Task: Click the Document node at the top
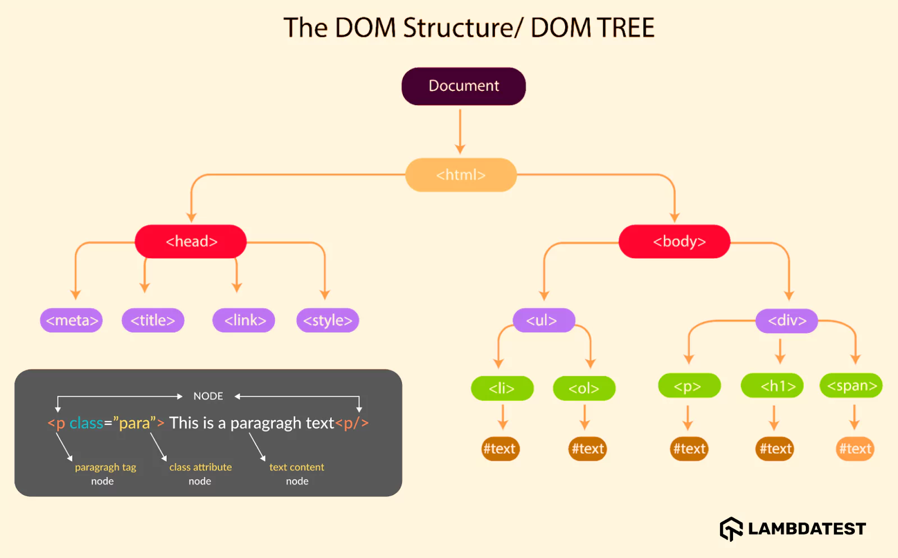[x=464, y=86]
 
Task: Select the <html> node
[x=461, y=175]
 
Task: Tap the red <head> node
[x=191, y=241]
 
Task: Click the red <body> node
[x=675, y=241]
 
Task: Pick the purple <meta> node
[x=71, y=321]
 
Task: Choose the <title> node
[x=153, y=321]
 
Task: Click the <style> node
[x=327, y=321]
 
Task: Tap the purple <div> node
[x=786, y=321]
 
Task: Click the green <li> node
[x=502, y=388]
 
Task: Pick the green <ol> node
[x=584, y=388]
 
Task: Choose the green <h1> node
[x=772, y=386]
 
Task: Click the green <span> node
[x=851, y=386]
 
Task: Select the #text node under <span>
[x=855, y=449]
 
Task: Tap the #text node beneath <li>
[x=500, y=449]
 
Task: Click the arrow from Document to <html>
[x=460, y=132]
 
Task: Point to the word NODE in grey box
[x=208, y=396]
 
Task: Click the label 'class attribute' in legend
[x=200, y=467]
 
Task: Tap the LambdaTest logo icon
[x=731, y=529]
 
